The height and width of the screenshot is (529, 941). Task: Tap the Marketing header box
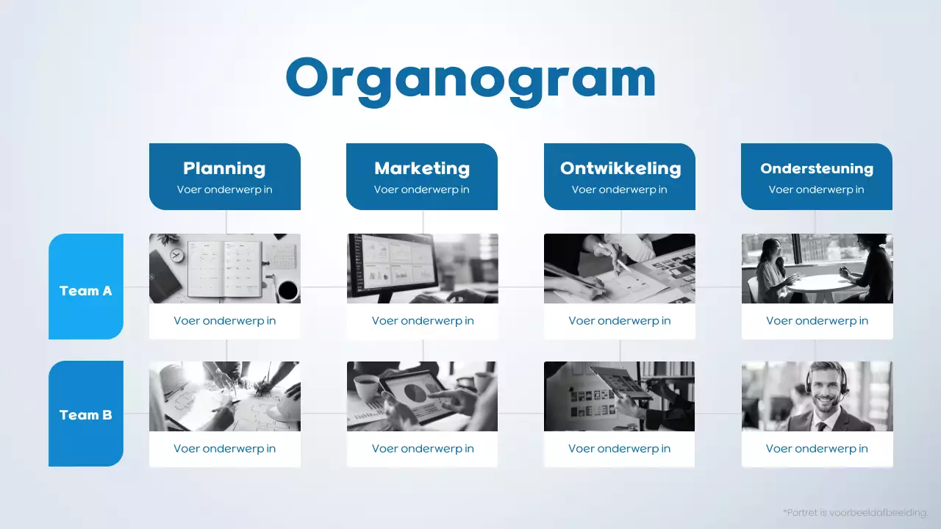[422, 176]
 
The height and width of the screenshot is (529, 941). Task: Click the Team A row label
[86, 290]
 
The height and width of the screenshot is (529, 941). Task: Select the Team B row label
[86, 414]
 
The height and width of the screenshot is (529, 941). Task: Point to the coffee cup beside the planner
[287, 289]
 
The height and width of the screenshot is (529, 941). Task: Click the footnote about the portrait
[856, 512]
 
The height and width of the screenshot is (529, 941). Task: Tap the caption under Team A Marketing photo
[422, 321]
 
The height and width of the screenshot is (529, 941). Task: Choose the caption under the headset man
[817, 449]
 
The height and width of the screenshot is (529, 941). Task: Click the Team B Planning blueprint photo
[224, 396]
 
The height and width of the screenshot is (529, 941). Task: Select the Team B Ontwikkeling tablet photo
[619, 396]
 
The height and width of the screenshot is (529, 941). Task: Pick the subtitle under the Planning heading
[224, 190]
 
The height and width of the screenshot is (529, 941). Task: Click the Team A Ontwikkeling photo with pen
[619, 268]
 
